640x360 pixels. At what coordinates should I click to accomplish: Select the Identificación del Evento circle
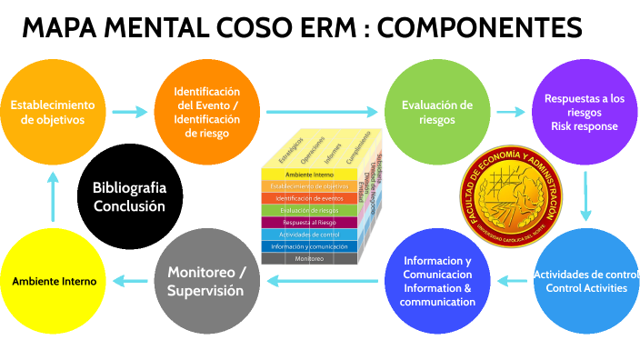click(207, 113)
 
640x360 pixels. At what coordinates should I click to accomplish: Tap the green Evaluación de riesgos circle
click(437, 113)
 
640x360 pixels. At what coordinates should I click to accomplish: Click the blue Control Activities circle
click(585, 282)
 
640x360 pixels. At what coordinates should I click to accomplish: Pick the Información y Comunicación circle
click(436, 281)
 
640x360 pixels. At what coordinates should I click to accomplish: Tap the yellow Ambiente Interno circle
click(53, 281)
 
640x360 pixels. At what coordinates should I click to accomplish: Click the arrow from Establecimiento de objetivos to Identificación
click(129, 112)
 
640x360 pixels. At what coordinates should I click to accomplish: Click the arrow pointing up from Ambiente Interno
click(53, 196)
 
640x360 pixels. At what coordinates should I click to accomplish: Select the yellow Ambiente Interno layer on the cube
click(310, 174)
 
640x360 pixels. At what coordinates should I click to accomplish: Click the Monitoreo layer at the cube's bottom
click(309, 258)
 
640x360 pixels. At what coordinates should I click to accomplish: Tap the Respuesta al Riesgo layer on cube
click(309, 222)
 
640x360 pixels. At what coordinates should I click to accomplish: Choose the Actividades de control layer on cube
click(309, 235)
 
